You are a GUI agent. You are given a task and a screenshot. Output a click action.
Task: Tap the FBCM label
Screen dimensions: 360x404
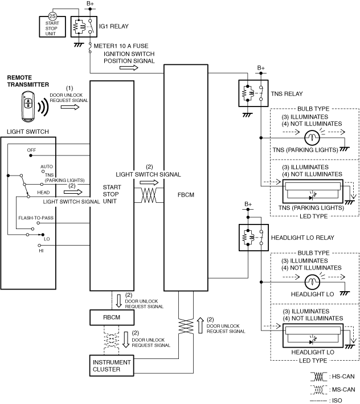tap(186, 195)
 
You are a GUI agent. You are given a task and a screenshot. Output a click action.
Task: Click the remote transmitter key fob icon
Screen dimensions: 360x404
tap(28, 106)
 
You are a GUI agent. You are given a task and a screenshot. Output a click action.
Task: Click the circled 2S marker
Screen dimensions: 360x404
tap(52, 16)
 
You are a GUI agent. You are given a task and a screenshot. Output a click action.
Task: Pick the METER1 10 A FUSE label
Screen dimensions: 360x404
tap(121, 46)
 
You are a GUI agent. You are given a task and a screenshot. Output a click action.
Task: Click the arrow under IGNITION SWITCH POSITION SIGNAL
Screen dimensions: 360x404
tap(129, 68)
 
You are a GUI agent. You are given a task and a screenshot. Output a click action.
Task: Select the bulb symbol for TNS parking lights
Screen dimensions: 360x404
tap(312, 137)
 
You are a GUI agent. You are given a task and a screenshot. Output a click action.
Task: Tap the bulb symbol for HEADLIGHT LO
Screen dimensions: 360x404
tap(312, 282)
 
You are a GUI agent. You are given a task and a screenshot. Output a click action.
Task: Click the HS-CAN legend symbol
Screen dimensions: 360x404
tap(318, 377)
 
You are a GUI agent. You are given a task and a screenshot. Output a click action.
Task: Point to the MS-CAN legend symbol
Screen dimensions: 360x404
tap(318, 390)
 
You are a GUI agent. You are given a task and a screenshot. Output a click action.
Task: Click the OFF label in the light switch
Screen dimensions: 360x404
tap(31, 150)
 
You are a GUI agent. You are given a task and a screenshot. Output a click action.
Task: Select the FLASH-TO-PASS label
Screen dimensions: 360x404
tap(36, 218)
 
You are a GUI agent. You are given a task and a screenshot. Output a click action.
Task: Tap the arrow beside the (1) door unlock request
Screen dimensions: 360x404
tap(70, 107)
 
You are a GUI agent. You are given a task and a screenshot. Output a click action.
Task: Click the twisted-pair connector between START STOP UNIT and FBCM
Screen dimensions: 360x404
tap(149, 195)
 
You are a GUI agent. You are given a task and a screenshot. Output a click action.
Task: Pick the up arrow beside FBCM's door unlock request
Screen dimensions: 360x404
tap(200, 325)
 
